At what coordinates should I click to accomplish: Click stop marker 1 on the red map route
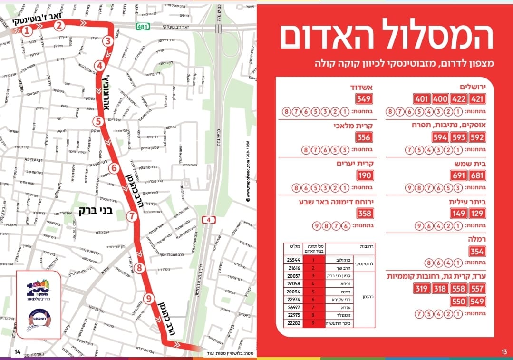pyautogui.click(x=27, y=31)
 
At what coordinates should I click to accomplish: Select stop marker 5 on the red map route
pyautogui.click(x=98, y=121)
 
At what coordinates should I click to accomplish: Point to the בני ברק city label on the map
pyautogui.click(x=96, y=210)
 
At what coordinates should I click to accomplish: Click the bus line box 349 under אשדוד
pyautogui.click(x=364, y=99)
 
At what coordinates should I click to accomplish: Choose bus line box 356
pyautogui.click(x=364, y=137)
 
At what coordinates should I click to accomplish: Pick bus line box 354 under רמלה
pyautogui.click(x=477, y=252)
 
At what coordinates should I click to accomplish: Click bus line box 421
pyautogui.click(x=477, y=99)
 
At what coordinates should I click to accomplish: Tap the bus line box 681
pyautogui.click(x=477, y=175)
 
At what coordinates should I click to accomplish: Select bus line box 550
pyautogui.click(x=459, y=302)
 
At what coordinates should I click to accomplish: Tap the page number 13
pyautogui.click(x=504, y=352)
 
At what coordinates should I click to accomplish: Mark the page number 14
pyautogui.click(x=18, y=352)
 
